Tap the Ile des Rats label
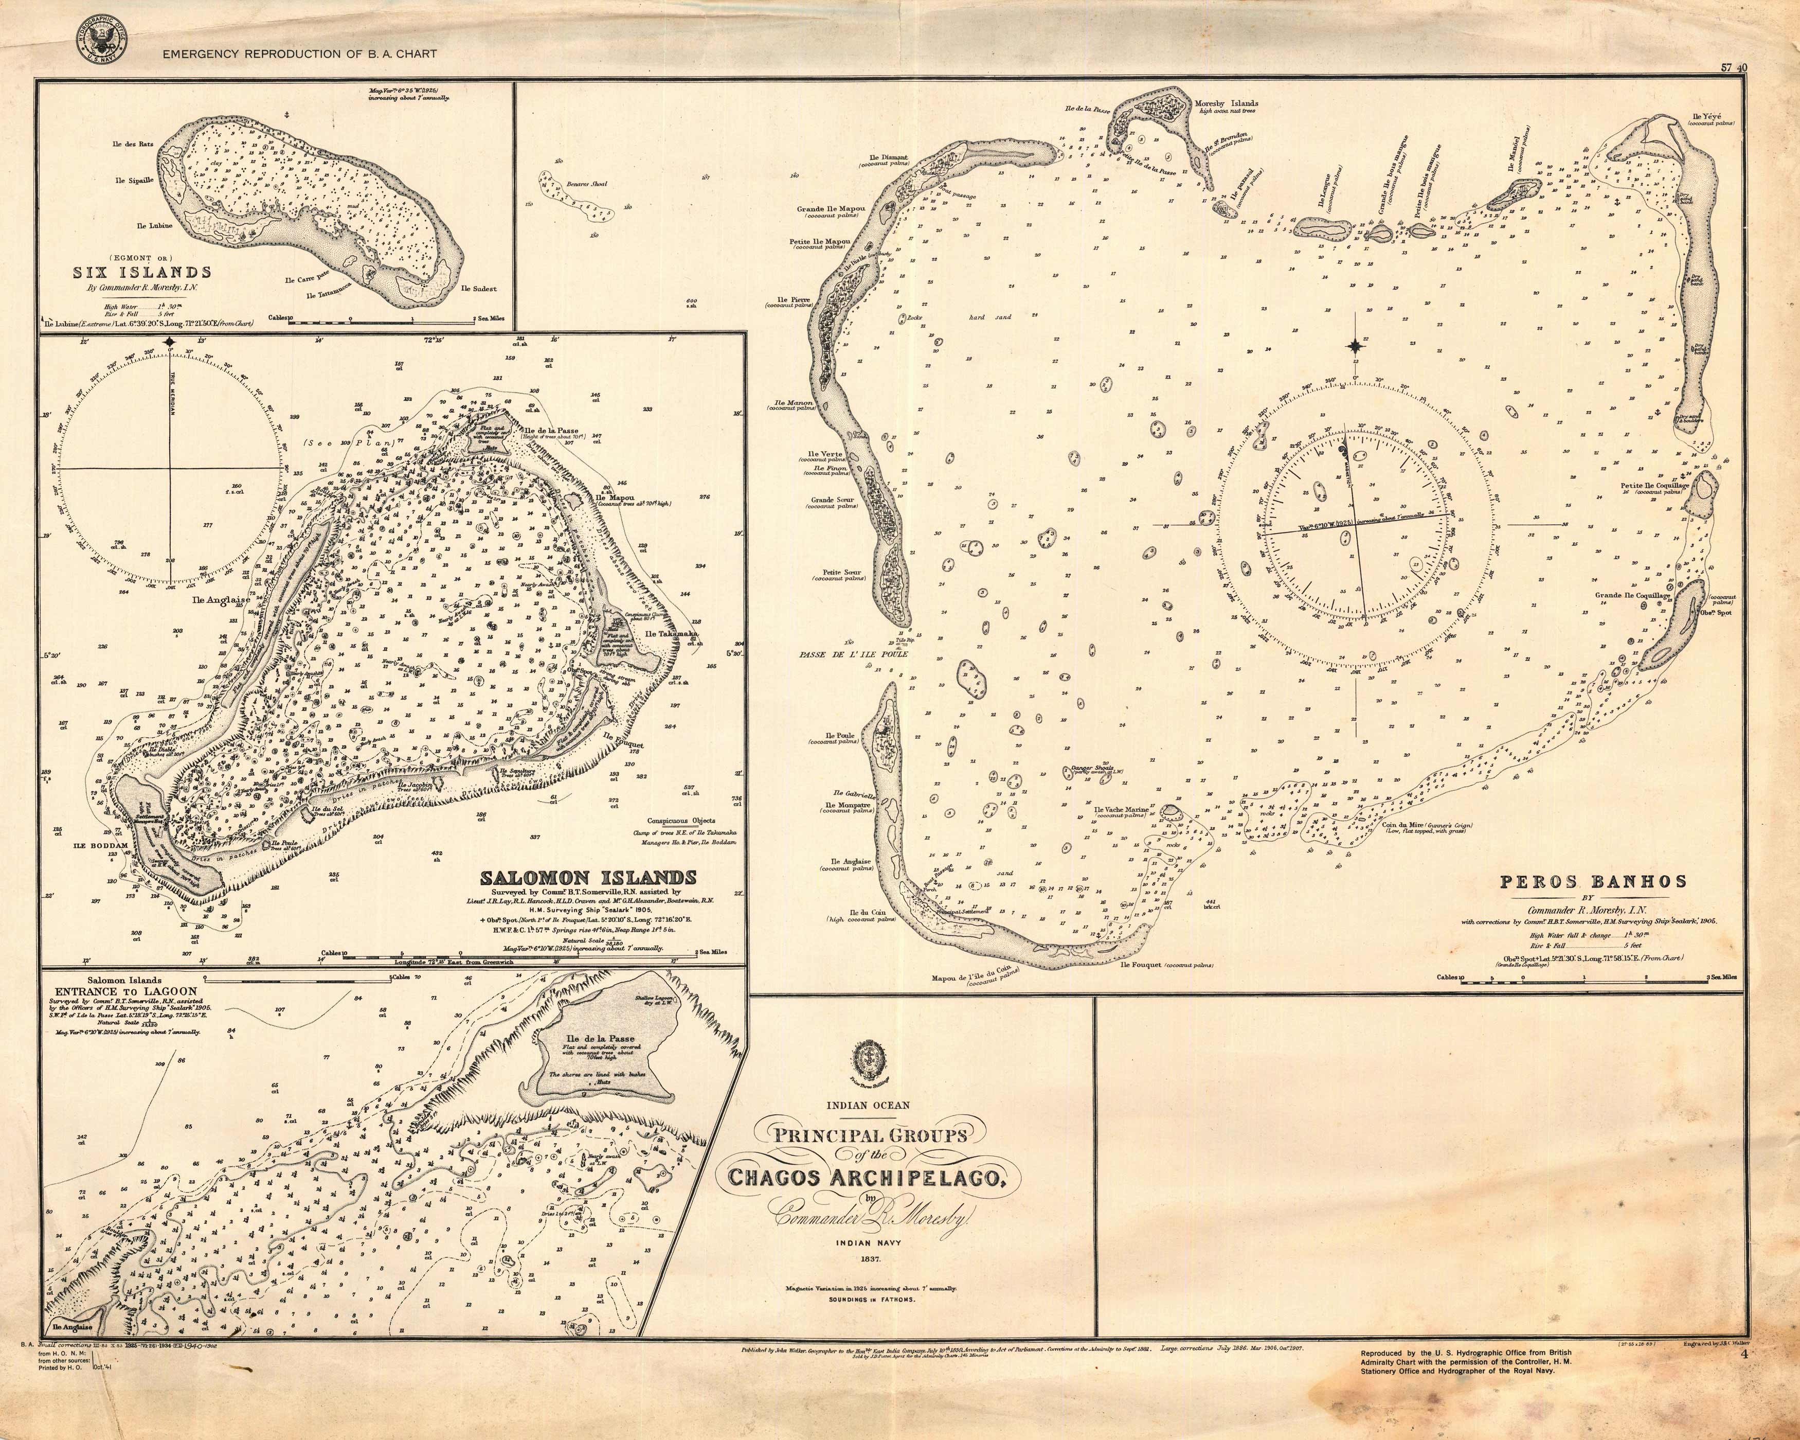point(134,144)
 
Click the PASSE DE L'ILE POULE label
point(852,655)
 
